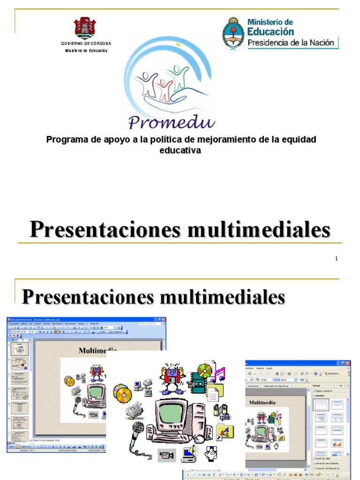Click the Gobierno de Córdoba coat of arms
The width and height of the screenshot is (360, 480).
tap(86, 28)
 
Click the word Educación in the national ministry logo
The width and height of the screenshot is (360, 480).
tap(270, 31)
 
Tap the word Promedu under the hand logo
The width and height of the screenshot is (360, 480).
tap(172, 122)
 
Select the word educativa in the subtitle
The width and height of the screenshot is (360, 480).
tap(180, 150)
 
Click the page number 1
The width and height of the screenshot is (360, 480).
tap(337, 259)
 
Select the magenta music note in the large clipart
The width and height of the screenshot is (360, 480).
tap(218, 374)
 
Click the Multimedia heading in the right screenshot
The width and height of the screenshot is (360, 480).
tap(262, 402)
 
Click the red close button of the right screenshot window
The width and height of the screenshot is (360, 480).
tap(347, 363)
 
